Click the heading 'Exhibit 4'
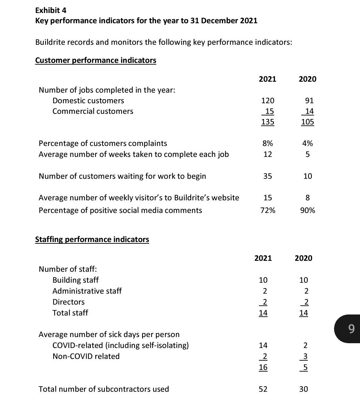click(x=51, y=10)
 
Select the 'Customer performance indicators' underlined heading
click(x=96, y=60)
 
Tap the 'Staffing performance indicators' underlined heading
click(x=92, y=239)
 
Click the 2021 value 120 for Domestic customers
click(x=267, y=100)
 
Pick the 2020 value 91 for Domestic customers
click(x=309, y=100)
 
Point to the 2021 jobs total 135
click(x=267, y=122)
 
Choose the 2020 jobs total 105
click(x=307, y=122)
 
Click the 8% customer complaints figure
click(x=267, y=143)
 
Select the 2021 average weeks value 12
click(x=267, y=154)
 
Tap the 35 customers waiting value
click(x=267, y=176)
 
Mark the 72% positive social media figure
click(x=267, y=210)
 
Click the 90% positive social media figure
click(x=307, y=210)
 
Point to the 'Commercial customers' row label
click(x=93, y=111)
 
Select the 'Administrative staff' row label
click(x=87, y=291)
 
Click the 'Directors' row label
click(x=69, y=302)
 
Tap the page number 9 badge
click(x=351, y=329)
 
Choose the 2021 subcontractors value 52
click(x=263, y=389)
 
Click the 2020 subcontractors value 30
click(x=303, y=389)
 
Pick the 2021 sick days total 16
click(x=263, y=367)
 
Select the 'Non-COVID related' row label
click(x=86, y=356)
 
